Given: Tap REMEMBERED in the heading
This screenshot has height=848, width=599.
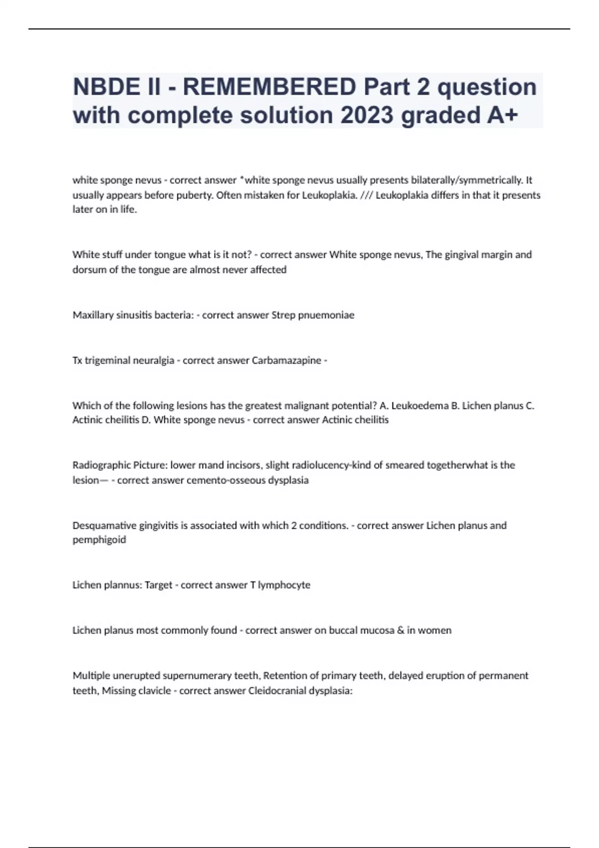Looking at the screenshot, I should pyautogui.click(x=269, y=87).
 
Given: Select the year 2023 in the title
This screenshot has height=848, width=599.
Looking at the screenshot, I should pyautogui.click(x=367, y=115).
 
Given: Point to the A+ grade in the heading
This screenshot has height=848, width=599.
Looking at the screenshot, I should pyautogui.click(x=502, y=115).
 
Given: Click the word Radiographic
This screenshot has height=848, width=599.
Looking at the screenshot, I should pyautogui.click(x=101, y=465).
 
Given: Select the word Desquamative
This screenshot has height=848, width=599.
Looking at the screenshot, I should pyautogui.click(x=104, y=525).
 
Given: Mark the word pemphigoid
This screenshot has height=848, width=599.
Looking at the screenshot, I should pyautogui.click(x=99, y=540).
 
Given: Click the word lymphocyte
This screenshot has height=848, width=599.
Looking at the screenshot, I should pyautogui.click(x=284, y=585).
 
